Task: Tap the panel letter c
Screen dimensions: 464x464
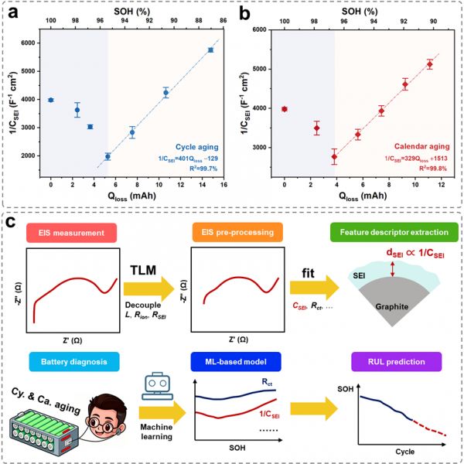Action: [x=10, y=223]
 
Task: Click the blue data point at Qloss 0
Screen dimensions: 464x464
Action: [x=51, y=100]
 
